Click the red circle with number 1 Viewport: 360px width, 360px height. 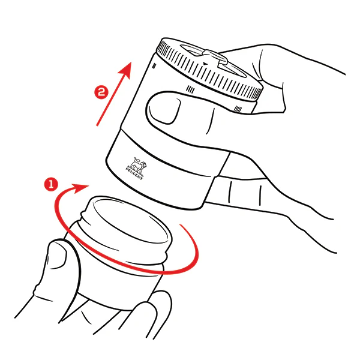click(x=51, y=184)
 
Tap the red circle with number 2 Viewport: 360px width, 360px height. click(x=101, y=92)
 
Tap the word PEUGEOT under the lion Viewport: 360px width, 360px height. click(x=134, y=174)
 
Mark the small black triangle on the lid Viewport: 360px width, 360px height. click(x=205, y=64)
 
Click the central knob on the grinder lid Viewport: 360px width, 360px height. click(x=215, y=57)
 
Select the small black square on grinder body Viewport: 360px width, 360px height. click(x=154, y=66)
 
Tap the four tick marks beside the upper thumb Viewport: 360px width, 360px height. click(x=190, y=89)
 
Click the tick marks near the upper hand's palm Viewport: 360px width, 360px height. click(x=238, y=109)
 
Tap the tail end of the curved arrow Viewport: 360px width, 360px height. click(x=181, y=225)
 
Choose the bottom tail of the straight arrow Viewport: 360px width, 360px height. click(x=97, y=125)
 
